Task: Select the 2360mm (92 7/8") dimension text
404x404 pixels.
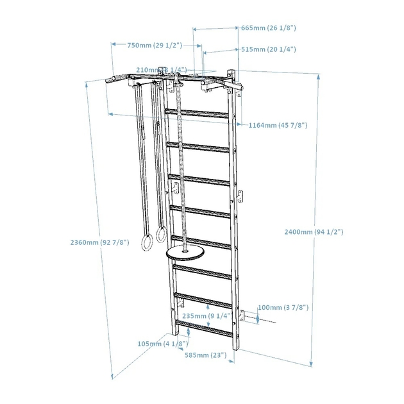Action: pyautogui.click(x=100, y=242)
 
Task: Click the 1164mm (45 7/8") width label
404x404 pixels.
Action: pyautogui.click(x=277, y=125)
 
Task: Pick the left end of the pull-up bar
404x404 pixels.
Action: pyautogui.click(x=110, y=80)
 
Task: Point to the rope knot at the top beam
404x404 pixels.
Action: pyautogui.click(x=176, y=82)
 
